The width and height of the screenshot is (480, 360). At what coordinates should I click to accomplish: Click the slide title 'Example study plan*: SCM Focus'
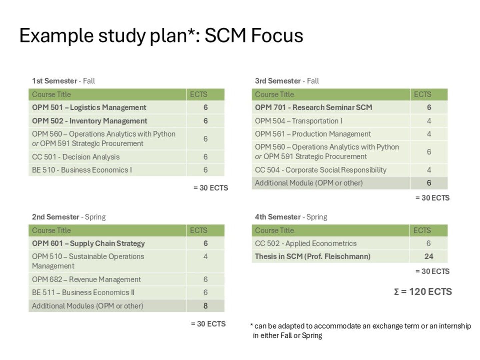[x=161, y=36]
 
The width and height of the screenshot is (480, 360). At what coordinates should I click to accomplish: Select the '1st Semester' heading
[x=54, y=81]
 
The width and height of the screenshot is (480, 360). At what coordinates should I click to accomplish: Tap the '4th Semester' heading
[x=278, y=217]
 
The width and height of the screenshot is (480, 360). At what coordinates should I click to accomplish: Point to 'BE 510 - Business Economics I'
[x=82, y=170]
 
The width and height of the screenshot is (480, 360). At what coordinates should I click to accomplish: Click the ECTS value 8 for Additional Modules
[x=205, y=306]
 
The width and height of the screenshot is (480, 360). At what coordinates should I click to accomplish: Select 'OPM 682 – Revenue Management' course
[x=86, y=279]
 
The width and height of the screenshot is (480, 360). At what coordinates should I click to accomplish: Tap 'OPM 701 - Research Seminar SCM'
[x=314, y=108]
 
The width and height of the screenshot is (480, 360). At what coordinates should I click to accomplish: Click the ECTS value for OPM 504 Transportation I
[x=429, y=121]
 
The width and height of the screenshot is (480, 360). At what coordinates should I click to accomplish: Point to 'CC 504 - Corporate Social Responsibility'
[x=321, y=170]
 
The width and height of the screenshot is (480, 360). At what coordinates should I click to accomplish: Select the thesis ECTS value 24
[x=429, y=256]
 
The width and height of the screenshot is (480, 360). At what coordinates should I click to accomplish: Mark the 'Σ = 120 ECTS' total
[x=423, y=292]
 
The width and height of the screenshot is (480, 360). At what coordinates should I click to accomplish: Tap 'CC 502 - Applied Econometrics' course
[x=306, y=243]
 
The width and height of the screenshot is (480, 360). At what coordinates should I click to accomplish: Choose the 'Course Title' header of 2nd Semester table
[x=51, y=230]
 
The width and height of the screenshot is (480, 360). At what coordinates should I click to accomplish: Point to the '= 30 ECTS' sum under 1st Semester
[x=211, y=188]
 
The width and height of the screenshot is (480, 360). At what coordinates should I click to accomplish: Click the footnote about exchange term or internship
[x=361, y=331]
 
